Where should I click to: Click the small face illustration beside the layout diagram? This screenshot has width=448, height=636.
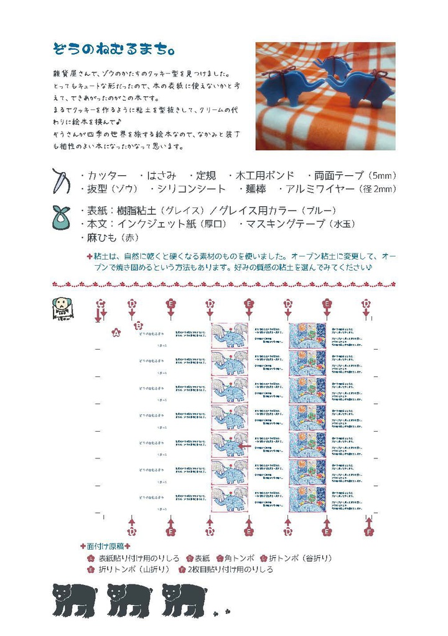click(x=62, y=307)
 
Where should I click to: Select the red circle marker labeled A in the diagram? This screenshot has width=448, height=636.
click(x=115, y=333)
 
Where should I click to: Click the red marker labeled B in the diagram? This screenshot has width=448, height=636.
click(x=139, y=325)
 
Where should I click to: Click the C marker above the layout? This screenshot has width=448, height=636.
click(x=101, y=304)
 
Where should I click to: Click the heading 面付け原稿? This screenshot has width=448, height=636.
click(x=105, y=547)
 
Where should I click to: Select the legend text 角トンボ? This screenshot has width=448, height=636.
click(x=237, y=558)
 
